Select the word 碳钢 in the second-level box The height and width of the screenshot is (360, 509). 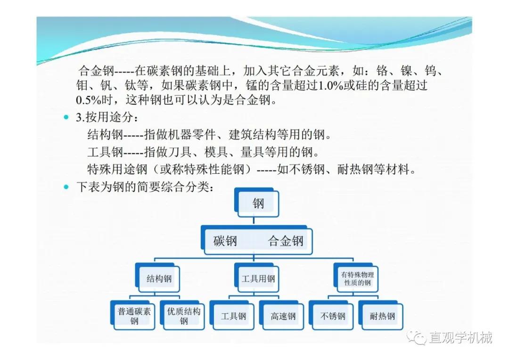coord(225,241)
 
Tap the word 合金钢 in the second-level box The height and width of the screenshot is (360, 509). coord(286,241)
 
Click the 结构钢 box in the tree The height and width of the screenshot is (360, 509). coord(157,278)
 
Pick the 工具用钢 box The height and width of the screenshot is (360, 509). coord(257,278)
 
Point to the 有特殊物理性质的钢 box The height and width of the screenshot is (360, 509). coord(356,278)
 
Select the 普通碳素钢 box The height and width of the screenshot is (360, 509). coord(133,315)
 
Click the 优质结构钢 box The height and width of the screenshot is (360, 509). coord(182,315)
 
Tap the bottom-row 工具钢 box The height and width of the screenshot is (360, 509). coord(232,315)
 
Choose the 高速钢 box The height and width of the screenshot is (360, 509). coord(282,315)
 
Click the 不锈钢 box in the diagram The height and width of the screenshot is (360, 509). coord(331,315)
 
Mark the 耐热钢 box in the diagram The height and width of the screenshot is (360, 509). coord(381,315)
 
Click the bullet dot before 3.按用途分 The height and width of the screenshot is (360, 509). coord(66,117)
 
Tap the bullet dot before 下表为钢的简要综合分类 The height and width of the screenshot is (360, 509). coord(66,187)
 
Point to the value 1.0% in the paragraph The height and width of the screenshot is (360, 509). coord(331,85)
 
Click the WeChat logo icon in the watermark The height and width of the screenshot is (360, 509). coord(417,337)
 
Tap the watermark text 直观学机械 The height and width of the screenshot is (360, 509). coord(460,337)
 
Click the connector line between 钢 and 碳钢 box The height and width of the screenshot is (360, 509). coord(254,221)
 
